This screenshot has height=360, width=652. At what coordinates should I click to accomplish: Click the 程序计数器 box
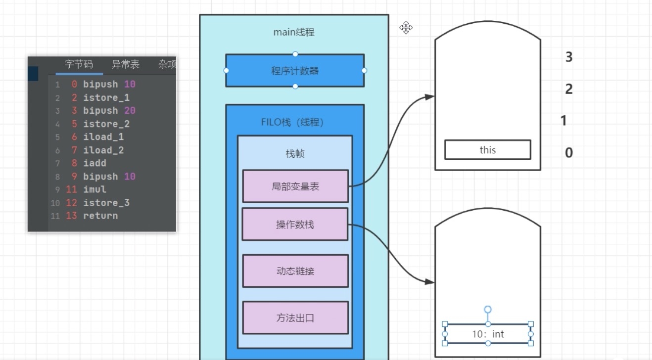295,71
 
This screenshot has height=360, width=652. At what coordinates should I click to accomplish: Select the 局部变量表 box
295,186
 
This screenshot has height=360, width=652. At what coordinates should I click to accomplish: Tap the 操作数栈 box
295,225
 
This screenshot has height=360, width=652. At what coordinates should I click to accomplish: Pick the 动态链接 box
295,271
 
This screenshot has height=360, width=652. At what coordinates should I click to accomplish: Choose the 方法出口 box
295,318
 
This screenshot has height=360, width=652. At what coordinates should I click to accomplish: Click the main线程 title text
294,32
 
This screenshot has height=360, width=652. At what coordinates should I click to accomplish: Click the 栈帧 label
295,154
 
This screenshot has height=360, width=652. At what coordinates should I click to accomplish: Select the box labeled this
487,150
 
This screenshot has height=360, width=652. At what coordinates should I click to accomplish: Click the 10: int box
487,334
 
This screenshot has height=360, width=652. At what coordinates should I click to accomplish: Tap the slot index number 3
569,57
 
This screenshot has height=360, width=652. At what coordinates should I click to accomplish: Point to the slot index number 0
569,152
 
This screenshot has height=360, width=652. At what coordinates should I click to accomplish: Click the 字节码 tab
79,64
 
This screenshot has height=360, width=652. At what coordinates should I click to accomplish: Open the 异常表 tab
125,64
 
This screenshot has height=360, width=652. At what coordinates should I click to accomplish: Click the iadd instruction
94,163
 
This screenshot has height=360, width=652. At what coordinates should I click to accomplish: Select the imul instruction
94,189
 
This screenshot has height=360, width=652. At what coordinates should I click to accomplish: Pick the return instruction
100,216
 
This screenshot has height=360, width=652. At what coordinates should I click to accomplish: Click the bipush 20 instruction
109,110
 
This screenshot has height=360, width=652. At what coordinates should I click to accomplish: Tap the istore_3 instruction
106,203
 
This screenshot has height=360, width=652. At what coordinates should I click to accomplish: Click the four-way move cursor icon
406,28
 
